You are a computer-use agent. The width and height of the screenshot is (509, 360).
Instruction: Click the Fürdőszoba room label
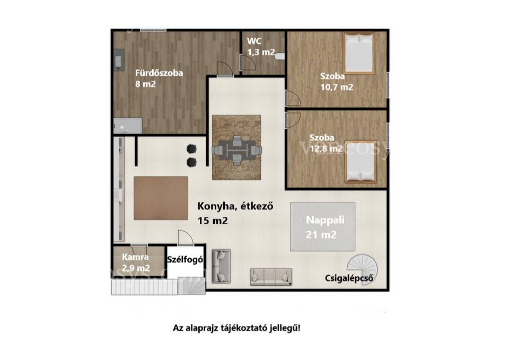tap(159, 73)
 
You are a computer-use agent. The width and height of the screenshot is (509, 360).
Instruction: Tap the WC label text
tap(254, 41)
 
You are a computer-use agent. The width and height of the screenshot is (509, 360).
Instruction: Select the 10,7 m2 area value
tap(337, 87)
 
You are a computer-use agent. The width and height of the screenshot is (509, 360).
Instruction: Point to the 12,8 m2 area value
tap(326, 148)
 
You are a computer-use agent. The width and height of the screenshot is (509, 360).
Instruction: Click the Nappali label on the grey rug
tap(325, 220)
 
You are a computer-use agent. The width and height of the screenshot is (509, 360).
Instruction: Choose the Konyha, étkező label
tap(235, 206)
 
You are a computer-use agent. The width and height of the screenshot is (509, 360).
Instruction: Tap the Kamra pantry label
tap(135, 257)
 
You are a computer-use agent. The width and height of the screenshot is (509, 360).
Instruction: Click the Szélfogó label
tap(186, 260)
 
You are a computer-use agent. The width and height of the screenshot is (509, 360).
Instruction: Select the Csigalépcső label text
tap(349, 278)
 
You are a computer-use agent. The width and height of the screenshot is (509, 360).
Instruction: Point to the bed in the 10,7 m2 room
tap(359, 53)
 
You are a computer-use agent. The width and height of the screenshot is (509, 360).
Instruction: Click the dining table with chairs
tap(236, 150)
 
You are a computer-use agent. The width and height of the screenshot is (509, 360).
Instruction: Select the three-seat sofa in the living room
tap(271, 277)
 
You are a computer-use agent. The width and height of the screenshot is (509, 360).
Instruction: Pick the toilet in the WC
tap(280, 56)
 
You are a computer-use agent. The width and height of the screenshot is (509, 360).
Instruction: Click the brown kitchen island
tap(161, 198)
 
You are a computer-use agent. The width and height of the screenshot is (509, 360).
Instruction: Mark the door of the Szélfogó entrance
tap(186, 238)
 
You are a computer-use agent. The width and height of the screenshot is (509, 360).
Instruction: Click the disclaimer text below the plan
tap(236, 328)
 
